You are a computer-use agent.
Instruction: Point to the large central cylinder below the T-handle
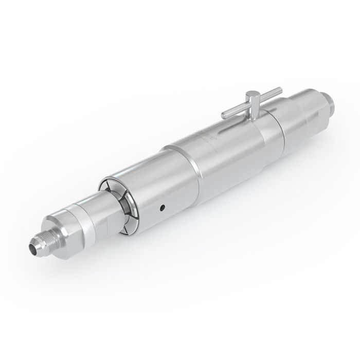[221, 154]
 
